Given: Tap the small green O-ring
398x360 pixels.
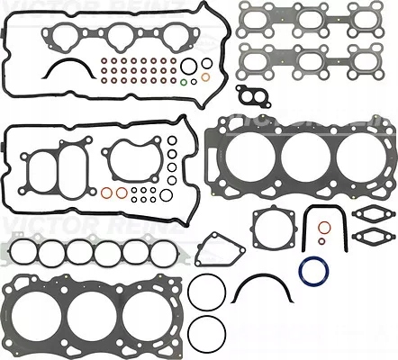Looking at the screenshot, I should point(184,84).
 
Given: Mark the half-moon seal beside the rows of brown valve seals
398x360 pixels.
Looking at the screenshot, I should point(69,68).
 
